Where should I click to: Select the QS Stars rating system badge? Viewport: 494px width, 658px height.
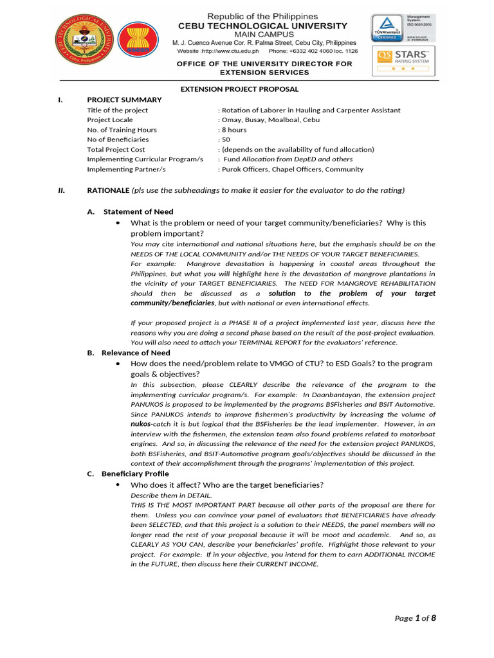click(x=404, y=61)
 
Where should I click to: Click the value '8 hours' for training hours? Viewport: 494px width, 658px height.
click(x=234, y=130)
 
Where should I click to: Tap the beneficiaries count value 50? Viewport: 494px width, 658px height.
click(x=226, y=139)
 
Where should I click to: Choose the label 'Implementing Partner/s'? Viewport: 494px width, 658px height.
click(x=126, y=170)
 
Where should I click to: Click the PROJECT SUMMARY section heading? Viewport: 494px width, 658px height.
click(x=124, y=100)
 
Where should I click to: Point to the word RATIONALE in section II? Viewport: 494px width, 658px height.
click(x=108, y=190)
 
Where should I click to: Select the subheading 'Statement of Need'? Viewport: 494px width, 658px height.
click(x=138, y=211)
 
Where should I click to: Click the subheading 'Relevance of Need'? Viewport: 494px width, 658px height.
click(x=136, y=353)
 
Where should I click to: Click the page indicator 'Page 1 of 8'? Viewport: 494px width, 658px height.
click(x=415, y=618)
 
